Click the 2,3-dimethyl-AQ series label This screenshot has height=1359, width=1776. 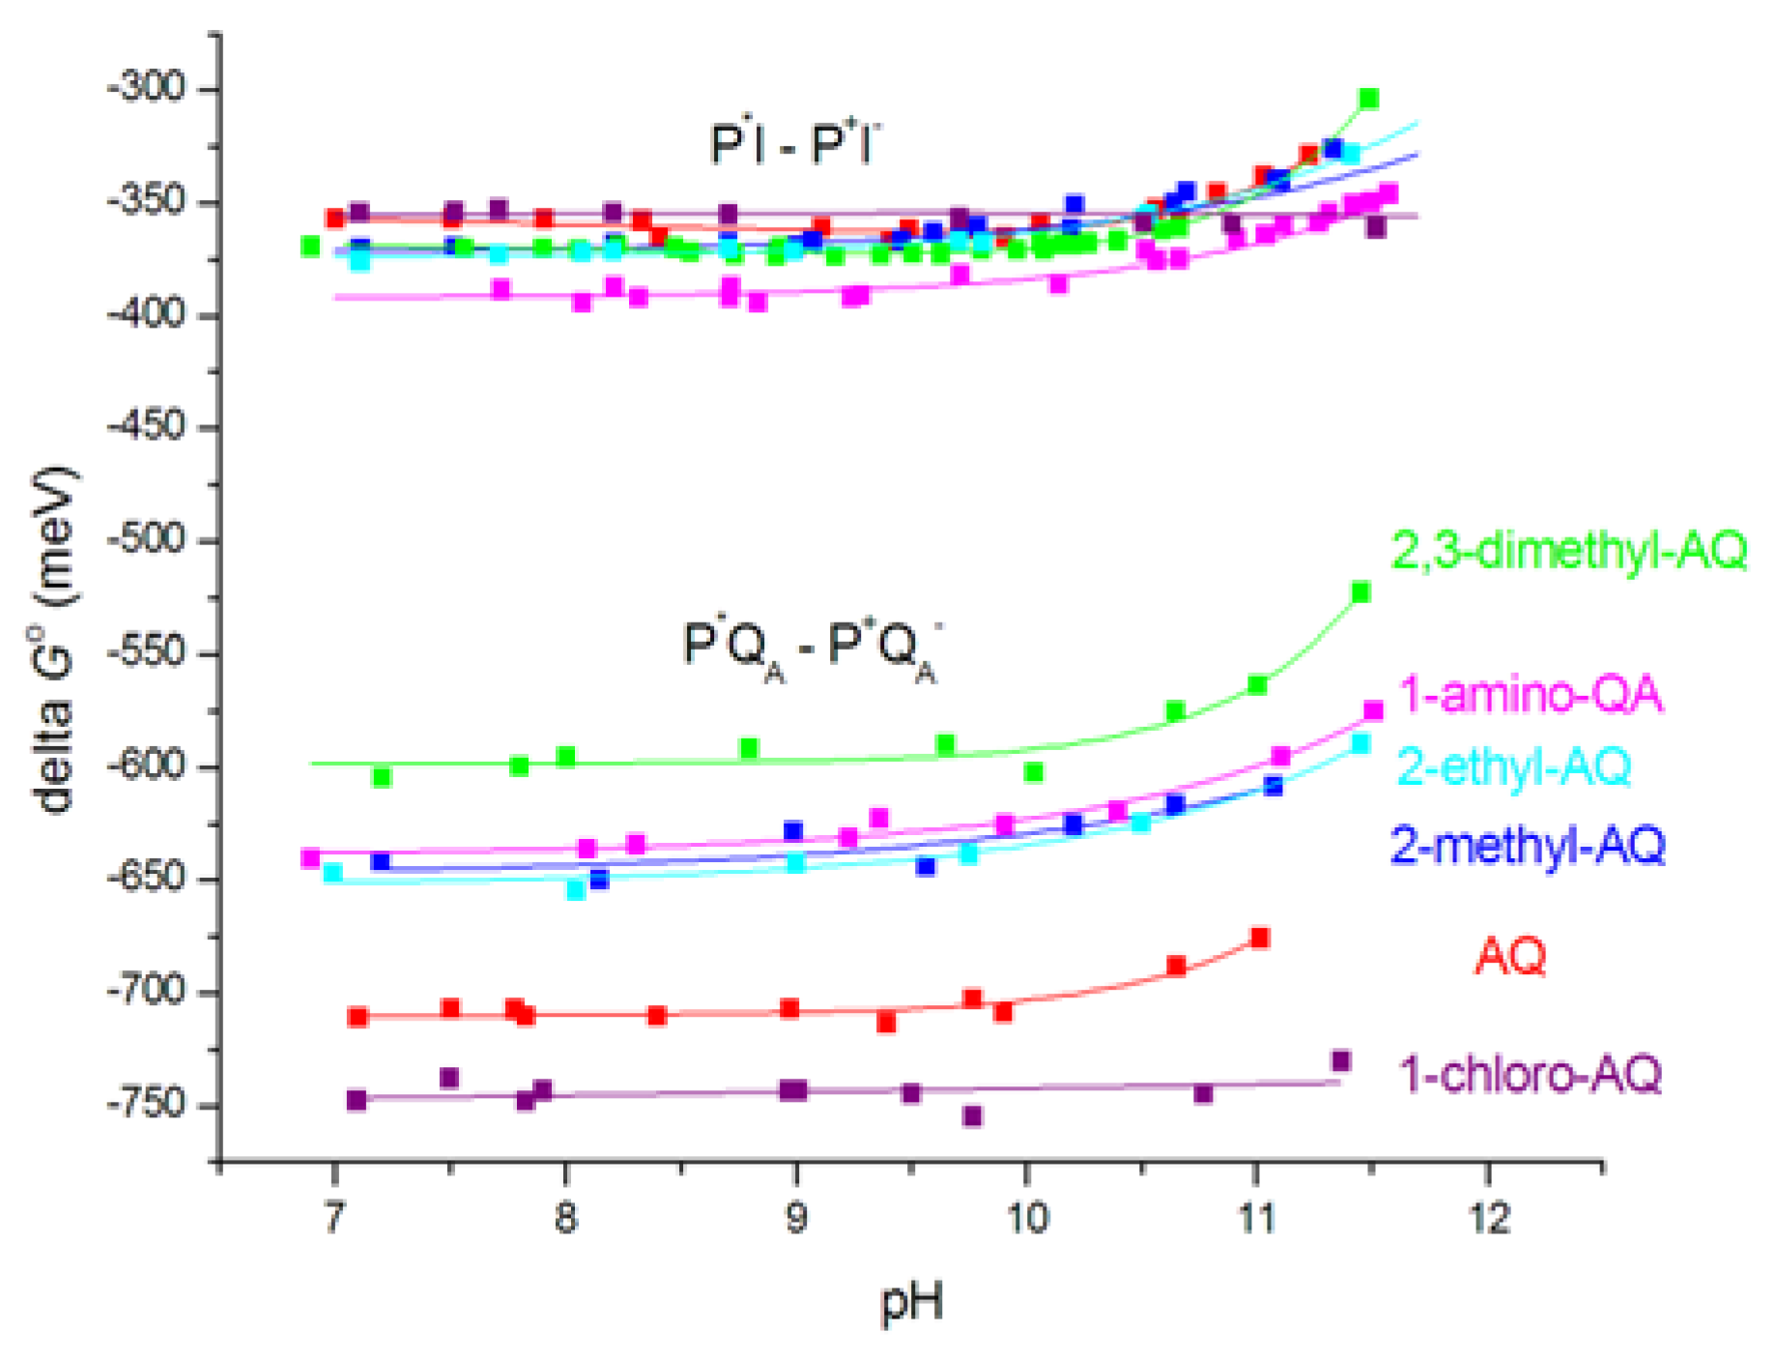pos(1568,551)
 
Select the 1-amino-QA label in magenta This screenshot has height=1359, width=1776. pos(1531,695)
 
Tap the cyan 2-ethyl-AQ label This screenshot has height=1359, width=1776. pos(1514,766)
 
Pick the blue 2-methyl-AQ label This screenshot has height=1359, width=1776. pos(1528,845)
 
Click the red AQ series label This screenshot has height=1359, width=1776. pos(1509,956)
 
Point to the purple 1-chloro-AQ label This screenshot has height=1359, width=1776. pos(1531,1074)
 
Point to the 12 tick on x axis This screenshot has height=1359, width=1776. pos(1488,1219)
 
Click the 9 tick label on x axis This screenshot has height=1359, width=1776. pos(795,1219)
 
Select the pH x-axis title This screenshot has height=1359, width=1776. pos(910,1302)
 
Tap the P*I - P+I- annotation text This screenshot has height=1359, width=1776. pos(795,144)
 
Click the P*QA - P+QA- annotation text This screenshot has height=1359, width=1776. pos(810,648)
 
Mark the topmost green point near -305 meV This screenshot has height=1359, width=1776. pos(1368,99)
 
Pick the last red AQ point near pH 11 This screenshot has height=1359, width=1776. pos(1259,938)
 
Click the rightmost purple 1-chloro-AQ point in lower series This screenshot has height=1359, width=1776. pos(1340,1061)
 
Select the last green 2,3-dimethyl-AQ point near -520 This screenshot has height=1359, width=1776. pos(1361,593)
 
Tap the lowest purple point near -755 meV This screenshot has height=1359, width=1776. pos(972,1116)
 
